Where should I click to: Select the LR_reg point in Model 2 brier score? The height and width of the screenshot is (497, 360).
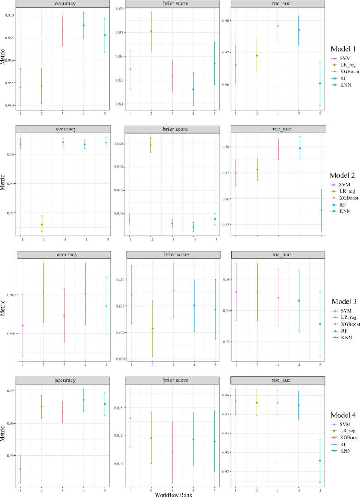point(150,145)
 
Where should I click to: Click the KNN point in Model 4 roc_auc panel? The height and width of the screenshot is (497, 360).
point(320,461)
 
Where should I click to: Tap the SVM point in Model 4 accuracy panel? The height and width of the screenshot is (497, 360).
point(20,469)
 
